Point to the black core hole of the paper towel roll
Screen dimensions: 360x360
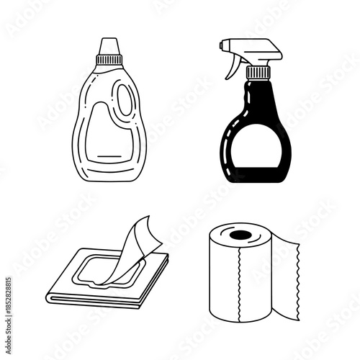click(237, 235)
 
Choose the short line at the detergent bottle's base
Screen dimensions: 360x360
click(109, 156)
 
